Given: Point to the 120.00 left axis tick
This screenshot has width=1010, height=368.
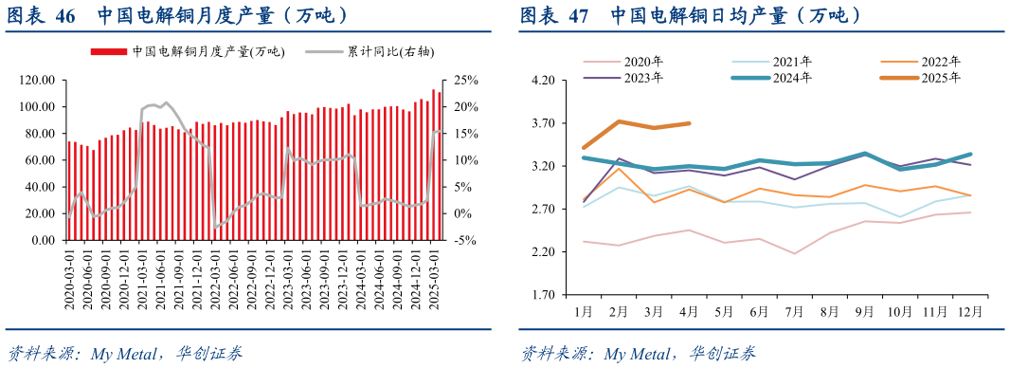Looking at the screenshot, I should click(36, 81).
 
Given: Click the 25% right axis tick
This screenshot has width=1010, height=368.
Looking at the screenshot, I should click(467, 81).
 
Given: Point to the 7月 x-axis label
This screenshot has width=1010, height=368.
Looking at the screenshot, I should click(794, 310).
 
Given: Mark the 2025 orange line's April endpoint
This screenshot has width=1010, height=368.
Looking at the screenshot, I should click(689, 123).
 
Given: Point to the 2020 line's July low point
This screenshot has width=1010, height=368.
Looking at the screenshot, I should click(794, 253).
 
